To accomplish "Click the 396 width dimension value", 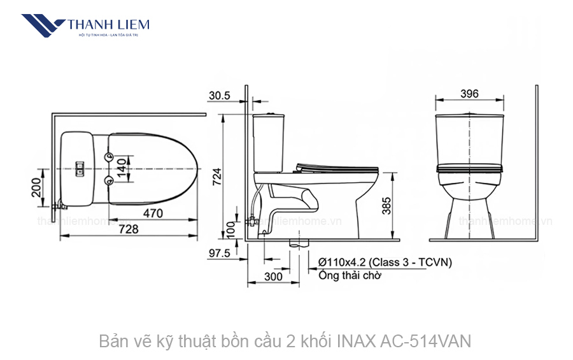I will pos(469,94).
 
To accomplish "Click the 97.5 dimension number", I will pos(219,254).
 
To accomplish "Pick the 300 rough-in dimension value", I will pos(273,277).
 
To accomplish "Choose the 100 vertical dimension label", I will pos(231,229).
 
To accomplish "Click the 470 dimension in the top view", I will pos(152,213).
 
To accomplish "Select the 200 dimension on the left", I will pos(36,187).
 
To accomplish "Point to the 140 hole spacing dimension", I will pos(122,168).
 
